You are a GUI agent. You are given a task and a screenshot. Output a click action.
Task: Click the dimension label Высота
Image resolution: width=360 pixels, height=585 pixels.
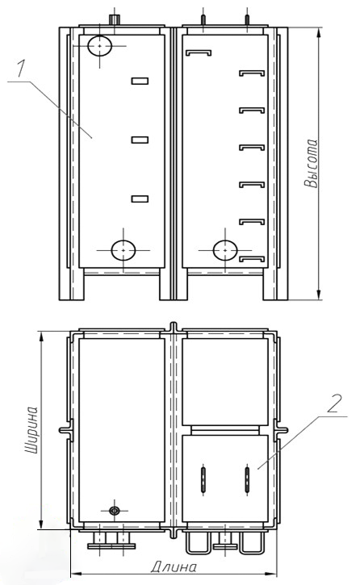point(311,163)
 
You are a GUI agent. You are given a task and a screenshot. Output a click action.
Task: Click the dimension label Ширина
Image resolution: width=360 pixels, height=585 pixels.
point(31,430)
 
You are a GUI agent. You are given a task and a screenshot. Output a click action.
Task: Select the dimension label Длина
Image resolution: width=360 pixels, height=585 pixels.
point(174,567)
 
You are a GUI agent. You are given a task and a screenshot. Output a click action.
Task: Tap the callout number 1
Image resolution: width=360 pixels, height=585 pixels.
point(21,69)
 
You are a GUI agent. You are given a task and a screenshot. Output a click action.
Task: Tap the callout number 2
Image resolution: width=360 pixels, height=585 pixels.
point(335,403)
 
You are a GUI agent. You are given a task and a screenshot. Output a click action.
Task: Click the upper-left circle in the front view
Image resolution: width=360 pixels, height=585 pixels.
point(99,46)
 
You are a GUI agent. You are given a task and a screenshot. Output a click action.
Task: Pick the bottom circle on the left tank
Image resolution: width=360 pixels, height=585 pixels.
point(123,250)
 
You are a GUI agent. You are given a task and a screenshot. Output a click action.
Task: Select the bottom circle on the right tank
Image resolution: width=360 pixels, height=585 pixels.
point(225,250)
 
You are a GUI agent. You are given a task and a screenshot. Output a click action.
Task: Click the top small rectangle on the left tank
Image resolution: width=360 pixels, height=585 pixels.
point(140,81)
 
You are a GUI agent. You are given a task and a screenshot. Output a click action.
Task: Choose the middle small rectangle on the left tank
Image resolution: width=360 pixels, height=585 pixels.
point(140,140)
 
